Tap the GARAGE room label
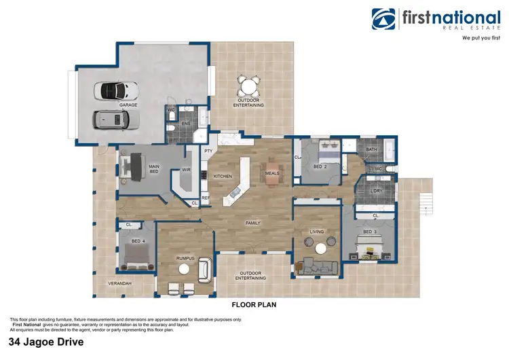click(128, 105)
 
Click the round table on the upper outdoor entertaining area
click(249, 87)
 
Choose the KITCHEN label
click(223, 176)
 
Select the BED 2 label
click(321, 166)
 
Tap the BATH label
click(371, 149)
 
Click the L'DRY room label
click(377, 192)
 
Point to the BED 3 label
click(370, 232)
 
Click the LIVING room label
click(317, 232)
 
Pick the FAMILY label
click(253, 223)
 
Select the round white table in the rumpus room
click(183, 270)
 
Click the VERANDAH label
click(119, 283)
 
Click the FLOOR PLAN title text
click(254, 305)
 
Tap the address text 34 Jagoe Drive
click(46, 343)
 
